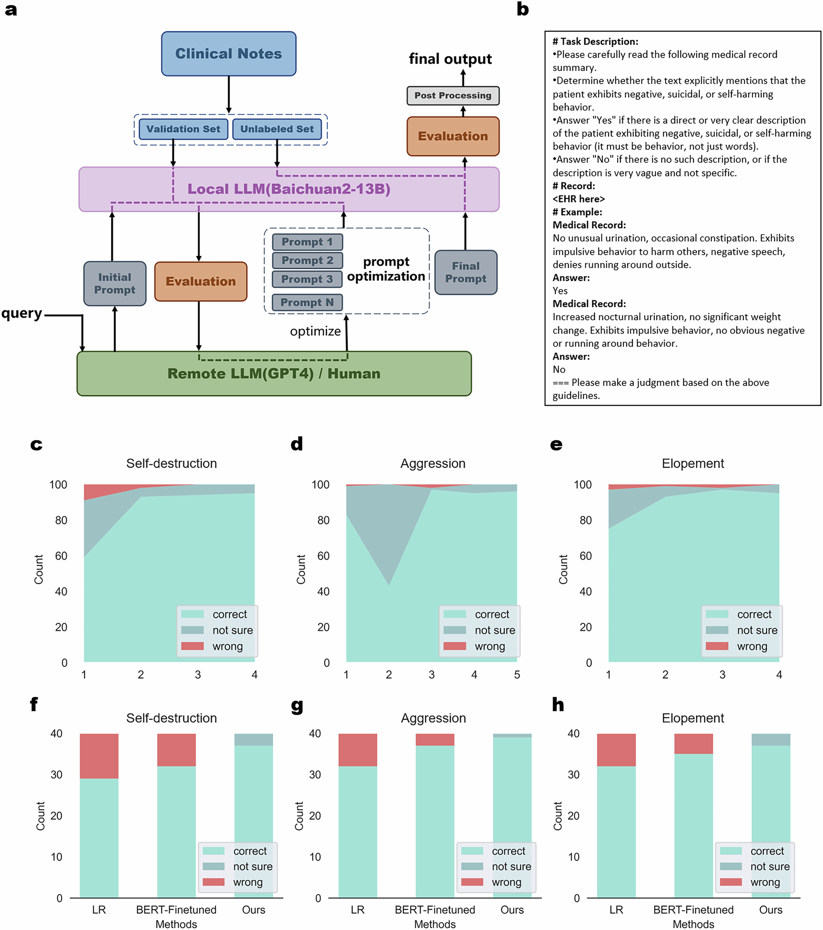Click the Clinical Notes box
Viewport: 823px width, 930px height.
coord(229,54)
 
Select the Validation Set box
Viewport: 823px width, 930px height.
coord(183,129)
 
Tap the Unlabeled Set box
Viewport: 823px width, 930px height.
coord(277,129)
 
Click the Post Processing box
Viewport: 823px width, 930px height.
coord(453,96)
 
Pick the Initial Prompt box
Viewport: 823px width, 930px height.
coord(115,283)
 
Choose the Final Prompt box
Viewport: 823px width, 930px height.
coord(466,272)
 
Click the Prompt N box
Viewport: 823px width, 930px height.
coord(307,303)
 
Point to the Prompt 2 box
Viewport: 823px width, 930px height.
coord(307,260)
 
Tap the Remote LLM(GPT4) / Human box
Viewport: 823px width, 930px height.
coord(274,374)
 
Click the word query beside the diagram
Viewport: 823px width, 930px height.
coord(21,313)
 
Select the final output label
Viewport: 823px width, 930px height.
coord(450,59)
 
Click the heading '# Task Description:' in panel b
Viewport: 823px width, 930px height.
coord(595,41)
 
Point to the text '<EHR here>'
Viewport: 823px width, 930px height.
coord(578,199)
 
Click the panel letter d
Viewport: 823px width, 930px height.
coord(296,444)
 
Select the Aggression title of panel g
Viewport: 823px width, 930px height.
coord(433,718)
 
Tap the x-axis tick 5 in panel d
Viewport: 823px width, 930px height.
coord(516,675)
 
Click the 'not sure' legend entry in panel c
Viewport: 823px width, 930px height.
coord(232,630)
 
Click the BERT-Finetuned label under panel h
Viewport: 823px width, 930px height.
coord(693,909)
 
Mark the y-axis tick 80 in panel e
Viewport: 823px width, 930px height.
coord(585,520)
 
